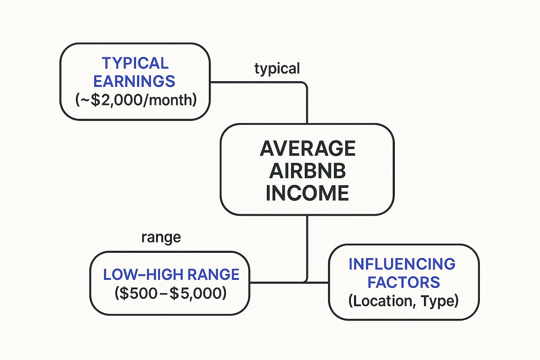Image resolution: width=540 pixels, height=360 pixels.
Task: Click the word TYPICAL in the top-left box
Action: [135, 64]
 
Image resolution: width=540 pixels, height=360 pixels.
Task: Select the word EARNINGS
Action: [134, 82]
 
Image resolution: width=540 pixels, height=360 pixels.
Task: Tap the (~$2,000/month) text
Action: [136, 100]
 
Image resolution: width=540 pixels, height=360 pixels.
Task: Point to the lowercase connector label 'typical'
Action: [277, 69]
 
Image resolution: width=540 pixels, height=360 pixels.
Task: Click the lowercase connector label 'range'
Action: [161, 238]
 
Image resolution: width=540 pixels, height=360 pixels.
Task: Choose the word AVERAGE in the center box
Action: [308, 148]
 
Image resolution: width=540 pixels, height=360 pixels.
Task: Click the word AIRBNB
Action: [308, 171]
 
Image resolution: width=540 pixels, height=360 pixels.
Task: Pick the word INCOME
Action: [308, 193]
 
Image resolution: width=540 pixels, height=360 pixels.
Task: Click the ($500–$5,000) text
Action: [171, 293]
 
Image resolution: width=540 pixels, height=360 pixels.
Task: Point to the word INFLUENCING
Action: [402, 264]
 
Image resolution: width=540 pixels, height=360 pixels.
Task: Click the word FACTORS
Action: [404, 282]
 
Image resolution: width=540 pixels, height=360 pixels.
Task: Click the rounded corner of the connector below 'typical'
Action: [304, 84]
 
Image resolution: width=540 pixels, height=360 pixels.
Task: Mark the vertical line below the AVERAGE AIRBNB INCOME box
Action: [307, 246]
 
